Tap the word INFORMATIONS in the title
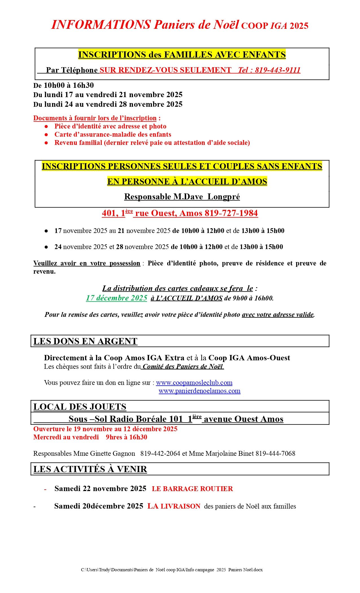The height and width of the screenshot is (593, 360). tap(101, 25)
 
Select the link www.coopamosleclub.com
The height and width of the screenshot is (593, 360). tap(194, 383)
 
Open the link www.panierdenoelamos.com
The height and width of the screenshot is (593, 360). tap(199, 391)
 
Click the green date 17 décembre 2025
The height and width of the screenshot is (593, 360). tap(117, 298)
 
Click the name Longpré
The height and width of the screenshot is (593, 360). tap(224, 197)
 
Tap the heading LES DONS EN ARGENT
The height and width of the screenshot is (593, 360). tap(85, 341)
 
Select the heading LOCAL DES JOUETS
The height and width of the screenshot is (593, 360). tap(80, 407)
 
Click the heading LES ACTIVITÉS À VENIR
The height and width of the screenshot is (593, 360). tap(90, 469)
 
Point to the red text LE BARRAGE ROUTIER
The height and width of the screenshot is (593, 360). tap(192, 489)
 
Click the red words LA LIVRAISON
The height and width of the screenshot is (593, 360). tap(174, 506)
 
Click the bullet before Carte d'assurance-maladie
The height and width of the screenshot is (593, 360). tap(46, 135)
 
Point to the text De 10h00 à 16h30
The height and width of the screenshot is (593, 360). tap(64, 85)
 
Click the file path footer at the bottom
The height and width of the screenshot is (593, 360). tap(172, 570)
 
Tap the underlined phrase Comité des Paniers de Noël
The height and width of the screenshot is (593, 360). tap(183, 367)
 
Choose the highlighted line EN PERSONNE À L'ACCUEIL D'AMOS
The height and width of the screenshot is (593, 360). tap(187, 182)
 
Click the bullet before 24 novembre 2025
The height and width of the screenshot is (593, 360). tap(46, 247)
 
